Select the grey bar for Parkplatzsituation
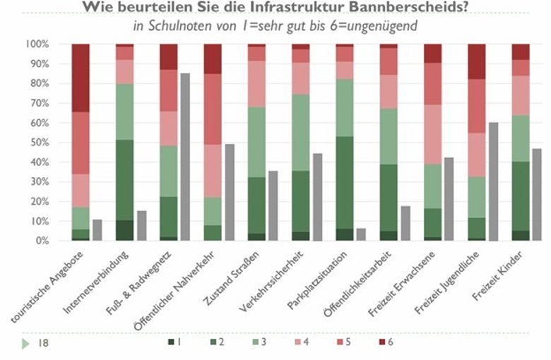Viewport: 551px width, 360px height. (362, 234)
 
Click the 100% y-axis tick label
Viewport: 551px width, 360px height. (36, 44)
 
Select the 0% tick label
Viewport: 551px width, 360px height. (41, 241)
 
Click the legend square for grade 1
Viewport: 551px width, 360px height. (170, 343)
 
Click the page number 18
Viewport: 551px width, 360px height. (42, 343)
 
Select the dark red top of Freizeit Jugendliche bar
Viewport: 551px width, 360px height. (478, 61)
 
